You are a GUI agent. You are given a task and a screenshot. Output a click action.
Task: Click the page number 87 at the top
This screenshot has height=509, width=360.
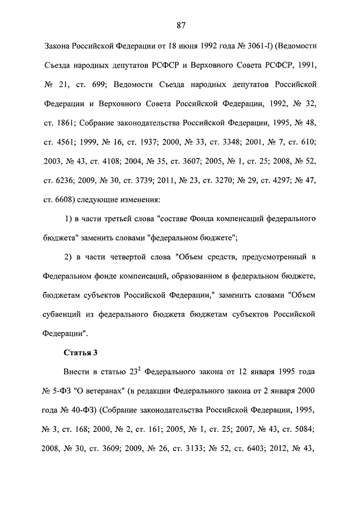pyautogui.click(x=181, y=25)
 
